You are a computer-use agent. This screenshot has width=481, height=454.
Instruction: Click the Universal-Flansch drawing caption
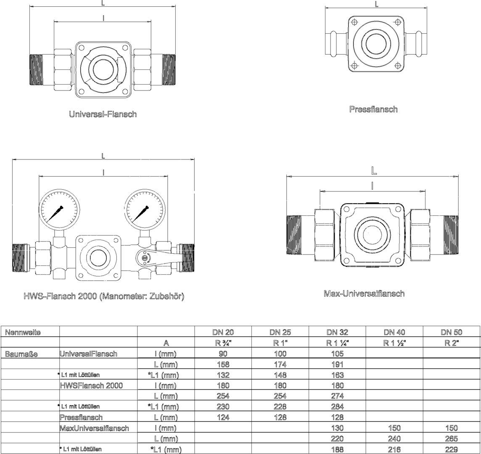(103, 114)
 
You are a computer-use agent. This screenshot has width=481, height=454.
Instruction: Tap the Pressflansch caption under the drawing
(373, 109)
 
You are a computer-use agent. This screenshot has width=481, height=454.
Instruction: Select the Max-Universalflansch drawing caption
(364, 293)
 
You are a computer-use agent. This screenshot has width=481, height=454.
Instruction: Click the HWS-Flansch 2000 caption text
(104, 296)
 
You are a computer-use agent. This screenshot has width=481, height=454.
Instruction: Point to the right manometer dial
(144, 210)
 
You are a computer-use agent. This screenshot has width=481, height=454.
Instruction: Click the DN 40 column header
(394, 332)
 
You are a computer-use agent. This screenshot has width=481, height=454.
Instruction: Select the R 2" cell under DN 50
(452, 343)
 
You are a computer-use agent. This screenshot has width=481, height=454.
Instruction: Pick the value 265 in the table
(452, 438)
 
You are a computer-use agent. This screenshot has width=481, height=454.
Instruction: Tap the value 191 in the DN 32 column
(338, 364)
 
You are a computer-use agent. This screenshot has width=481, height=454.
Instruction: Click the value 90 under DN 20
(223, 353)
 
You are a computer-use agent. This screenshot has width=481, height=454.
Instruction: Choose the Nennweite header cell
(23, 332)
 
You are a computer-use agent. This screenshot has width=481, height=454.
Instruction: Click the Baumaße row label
(21, 354)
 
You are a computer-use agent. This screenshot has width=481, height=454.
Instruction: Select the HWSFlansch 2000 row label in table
(91, 385)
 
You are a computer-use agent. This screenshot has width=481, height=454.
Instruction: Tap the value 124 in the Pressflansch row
(223, 417)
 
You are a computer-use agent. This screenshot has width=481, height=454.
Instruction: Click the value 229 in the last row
(452, 449)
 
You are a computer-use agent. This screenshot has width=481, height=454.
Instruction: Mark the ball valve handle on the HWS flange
(159, 258)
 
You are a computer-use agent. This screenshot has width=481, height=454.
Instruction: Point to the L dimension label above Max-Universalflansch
(374, 171)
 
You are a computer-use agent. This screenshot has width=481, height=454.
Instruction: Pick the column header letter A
(166, 343)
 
